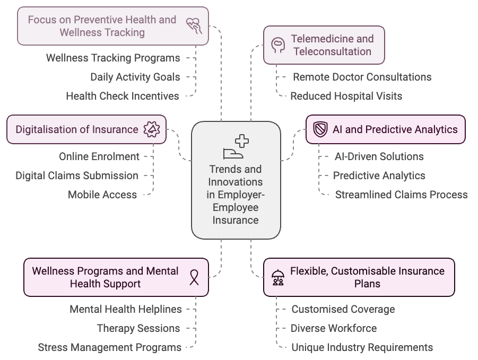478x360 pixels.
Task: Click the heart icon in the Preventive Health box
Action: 193,25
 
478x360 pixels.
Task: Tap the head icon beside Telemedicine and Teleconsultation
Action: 277,45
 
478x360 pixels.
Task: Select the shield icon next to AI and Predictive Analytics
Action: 320,129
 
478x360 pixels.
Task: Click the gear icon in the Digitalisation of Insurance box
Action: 152,130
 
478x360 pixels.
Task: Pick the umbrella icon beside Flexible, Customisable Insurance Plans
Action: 277,277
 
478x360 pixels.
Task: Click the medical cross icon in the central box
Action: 242,141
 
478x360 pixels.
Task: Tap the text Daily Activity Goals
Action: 135,77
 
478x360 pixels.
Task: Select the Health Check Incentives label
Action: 122,96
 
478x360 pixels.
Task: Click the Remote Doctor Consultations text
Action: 362,77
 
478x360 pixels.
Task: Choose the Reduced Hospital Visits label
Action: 346,96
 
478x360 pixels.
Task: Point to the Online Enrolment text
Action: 99,156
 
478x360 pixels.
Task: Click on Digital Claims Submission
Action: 76,175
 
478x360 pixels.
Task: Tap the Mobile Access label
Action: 102,195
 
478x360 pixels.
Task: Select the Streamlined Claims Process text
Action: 401,195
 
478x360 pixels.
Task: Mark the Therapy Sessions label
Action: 138,328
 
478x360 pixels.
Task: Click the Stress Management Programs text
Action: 109,348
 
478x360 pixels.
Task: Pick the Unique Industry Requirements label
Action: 362,348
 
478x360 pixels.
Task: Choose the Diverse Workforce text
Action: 334,328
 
